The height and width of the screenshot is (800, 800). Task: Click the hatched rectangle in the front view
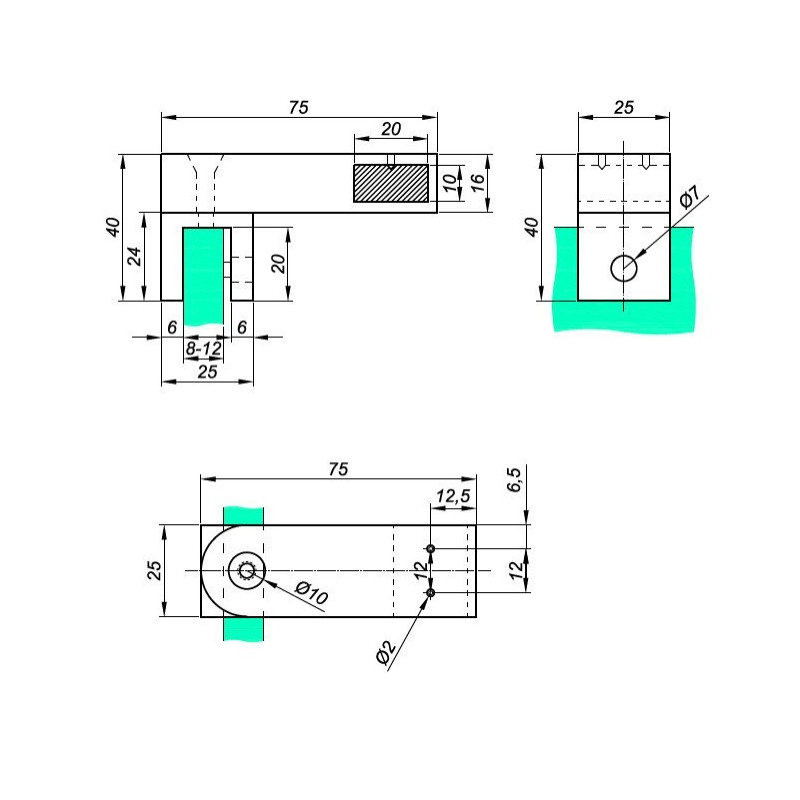(x=391, y=183)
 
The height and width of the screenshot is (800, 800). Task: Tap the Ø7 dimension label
(x=691, y=197)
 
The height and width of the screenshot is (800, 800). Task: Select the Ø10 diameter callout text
(x=312, y=593)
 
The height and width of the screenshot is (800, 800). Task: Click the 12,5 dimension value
(x=453, y=496)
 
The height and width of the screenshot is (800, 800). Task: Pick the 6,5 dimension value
(x=515, y=480)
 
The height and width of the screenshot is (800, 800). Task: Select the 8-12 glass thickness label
(x=204, y=349)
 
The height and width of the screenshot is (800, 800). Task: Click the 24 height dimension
(x=134, y=256)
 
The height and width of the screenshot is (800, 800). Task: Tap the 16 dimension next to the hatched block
(x=477, y=183)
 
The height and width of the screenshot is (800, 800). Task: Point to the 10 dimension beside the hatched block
(x=449, y=183)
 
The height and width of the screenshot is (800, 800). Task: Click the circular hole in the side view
(x=624, y=268)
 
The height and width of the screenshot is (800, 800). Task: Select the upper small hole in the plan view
(x=431, y=548)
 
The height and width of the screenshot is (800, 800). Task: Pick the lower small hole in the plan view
(x=431, y=592)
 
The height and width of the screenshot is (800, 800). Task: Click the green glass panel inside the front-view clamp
(x=204, y=277)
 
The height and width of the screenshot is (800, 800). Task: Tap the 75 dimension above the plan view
(x=338, y=469)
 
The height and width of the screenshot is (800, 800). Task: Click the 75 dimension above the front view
(x=299, y=108)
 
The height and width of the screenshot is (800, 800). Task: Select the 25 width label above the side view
(x=623, y=108)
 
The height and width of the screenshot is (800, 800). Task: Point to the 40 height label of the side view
(x=532, y=227)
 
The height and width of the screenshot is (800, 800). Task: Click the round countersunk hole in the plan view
(x=247, y=570)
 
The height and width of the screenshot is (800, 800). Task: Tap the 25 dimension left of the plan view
(x=155, y=570)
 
